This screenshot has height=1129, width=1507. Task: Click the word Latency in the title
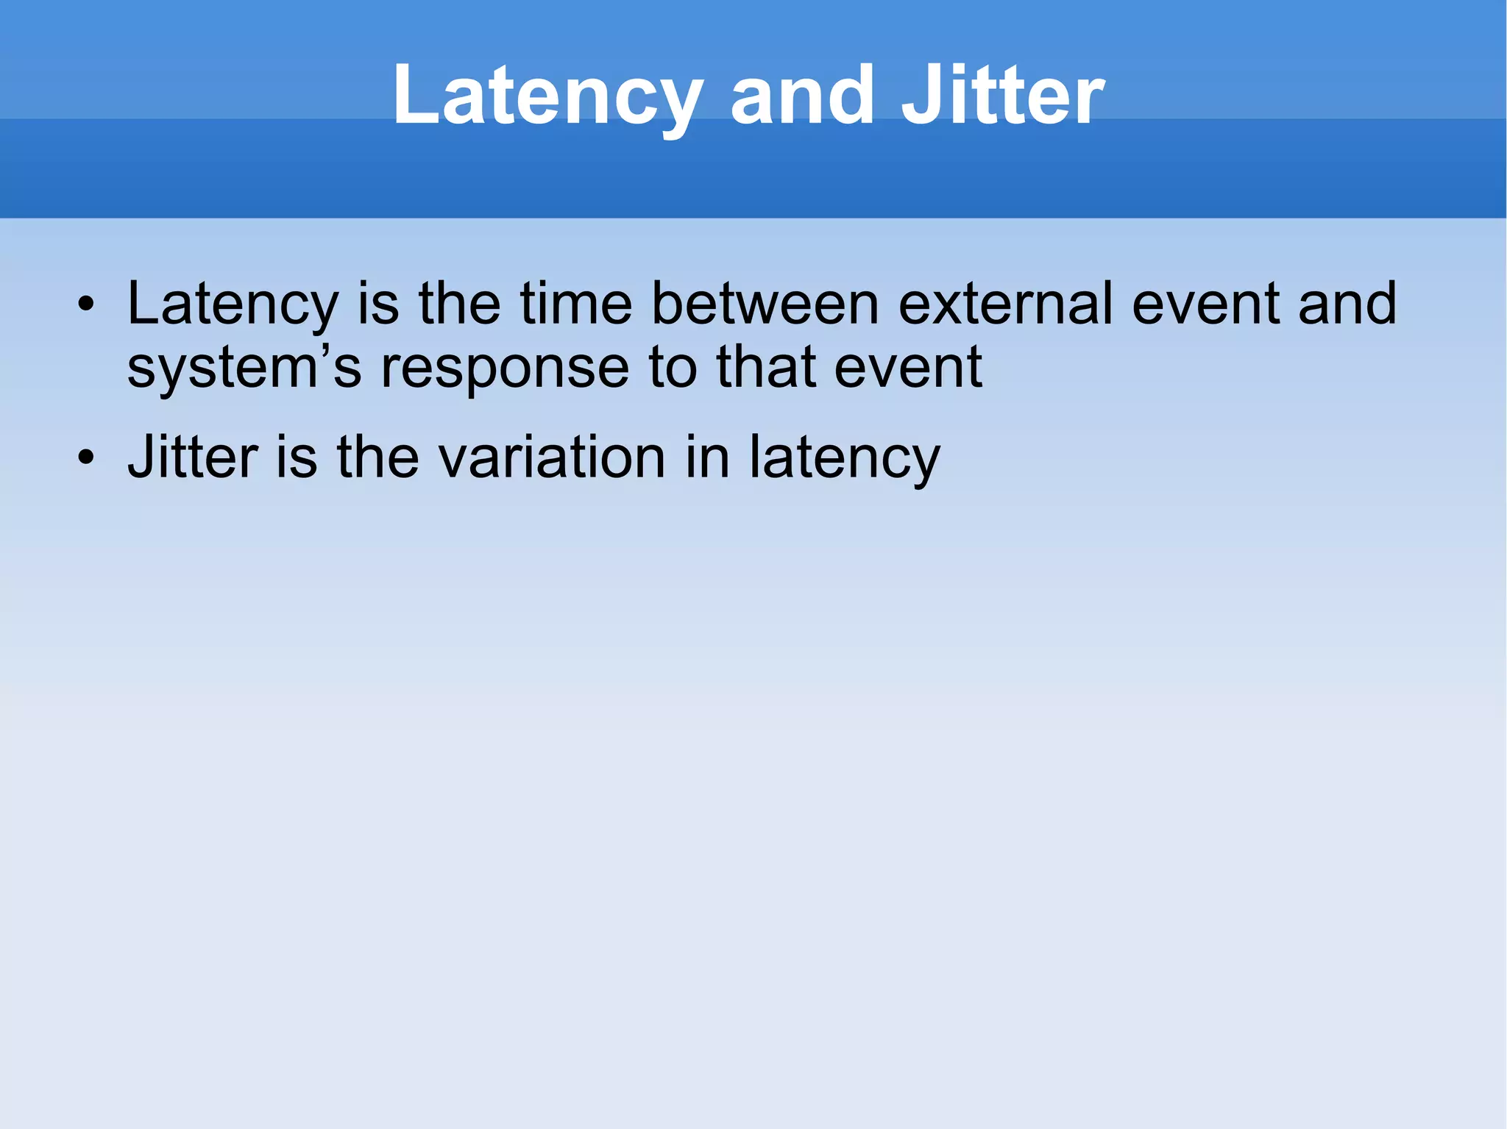click(548, 96)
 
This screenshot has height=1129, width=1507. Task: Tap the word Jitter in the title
click(1002, 96)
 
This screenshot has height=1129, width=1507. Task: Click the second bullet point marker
click(86, 457)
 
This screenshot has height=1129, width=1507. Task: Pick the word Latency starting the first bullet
click(233, 304)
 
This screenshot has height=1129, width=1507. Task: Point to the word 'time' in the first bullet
click(576, 304)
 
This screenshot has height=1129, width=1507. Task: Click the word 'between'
click(765, 304)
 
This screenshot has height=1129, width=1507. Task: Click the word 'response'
click(505, 368)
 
